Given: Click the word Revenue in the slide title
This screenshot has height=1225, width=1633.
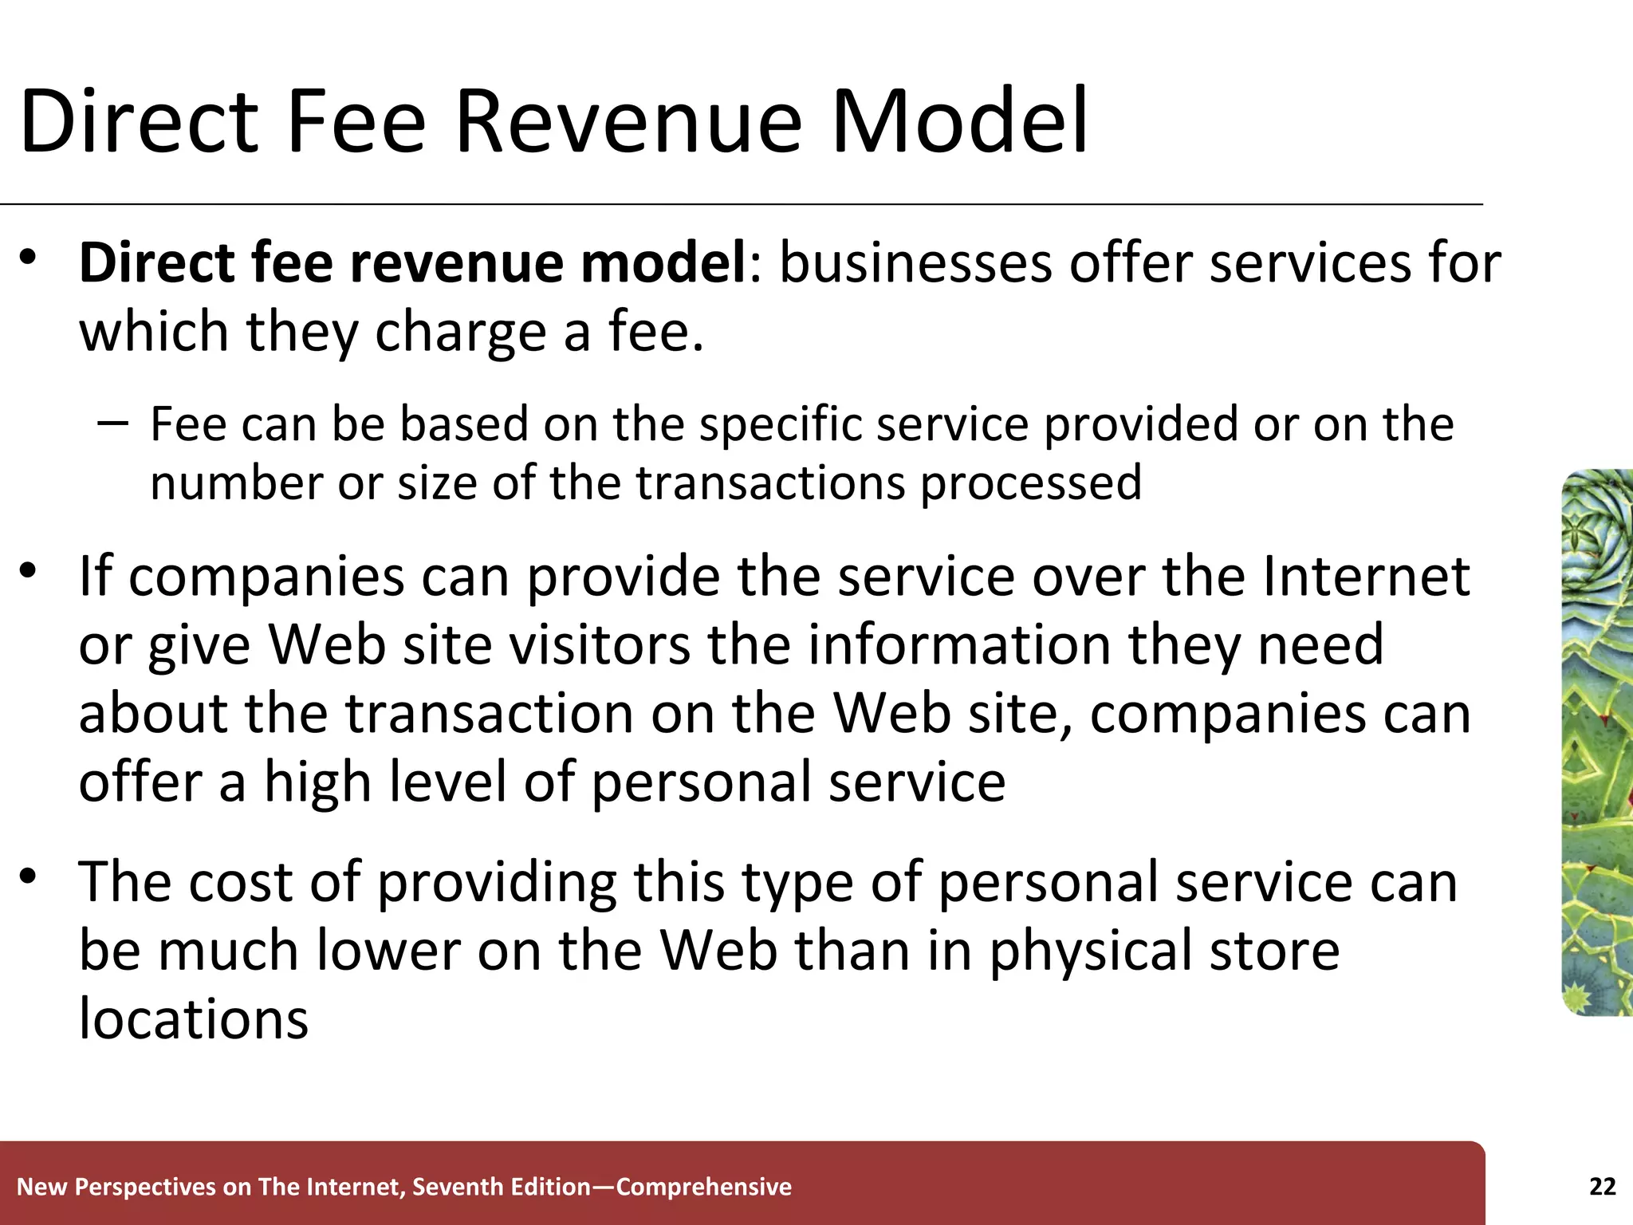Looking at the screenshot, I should (628, 122).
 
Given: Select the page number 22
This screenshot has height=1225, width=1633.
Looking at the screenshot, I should (1602, 1187).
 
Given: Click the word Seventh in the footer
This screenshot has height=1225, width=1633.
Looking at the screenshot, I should (458, 1187).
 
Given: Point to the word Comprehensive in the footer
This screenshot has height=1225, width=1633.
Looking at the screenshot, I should (703, 1187).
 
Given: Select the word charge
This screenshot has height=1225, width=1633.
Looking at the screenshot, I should (460, 331).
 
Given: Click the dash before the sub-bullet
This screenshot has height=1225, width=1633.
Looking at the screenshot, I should (113, 422).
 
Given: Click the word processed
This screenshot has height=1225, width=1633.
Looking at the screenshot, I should (1031, 483).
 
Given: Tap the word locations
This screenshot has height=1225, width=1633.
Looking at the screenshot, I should (193, 1018).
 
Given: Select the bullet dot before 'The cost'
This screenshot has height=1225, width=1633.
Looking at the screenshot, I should (30, 876).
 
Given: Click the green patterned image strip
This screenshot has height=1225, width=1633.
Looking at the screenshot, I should (1597, 742).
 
